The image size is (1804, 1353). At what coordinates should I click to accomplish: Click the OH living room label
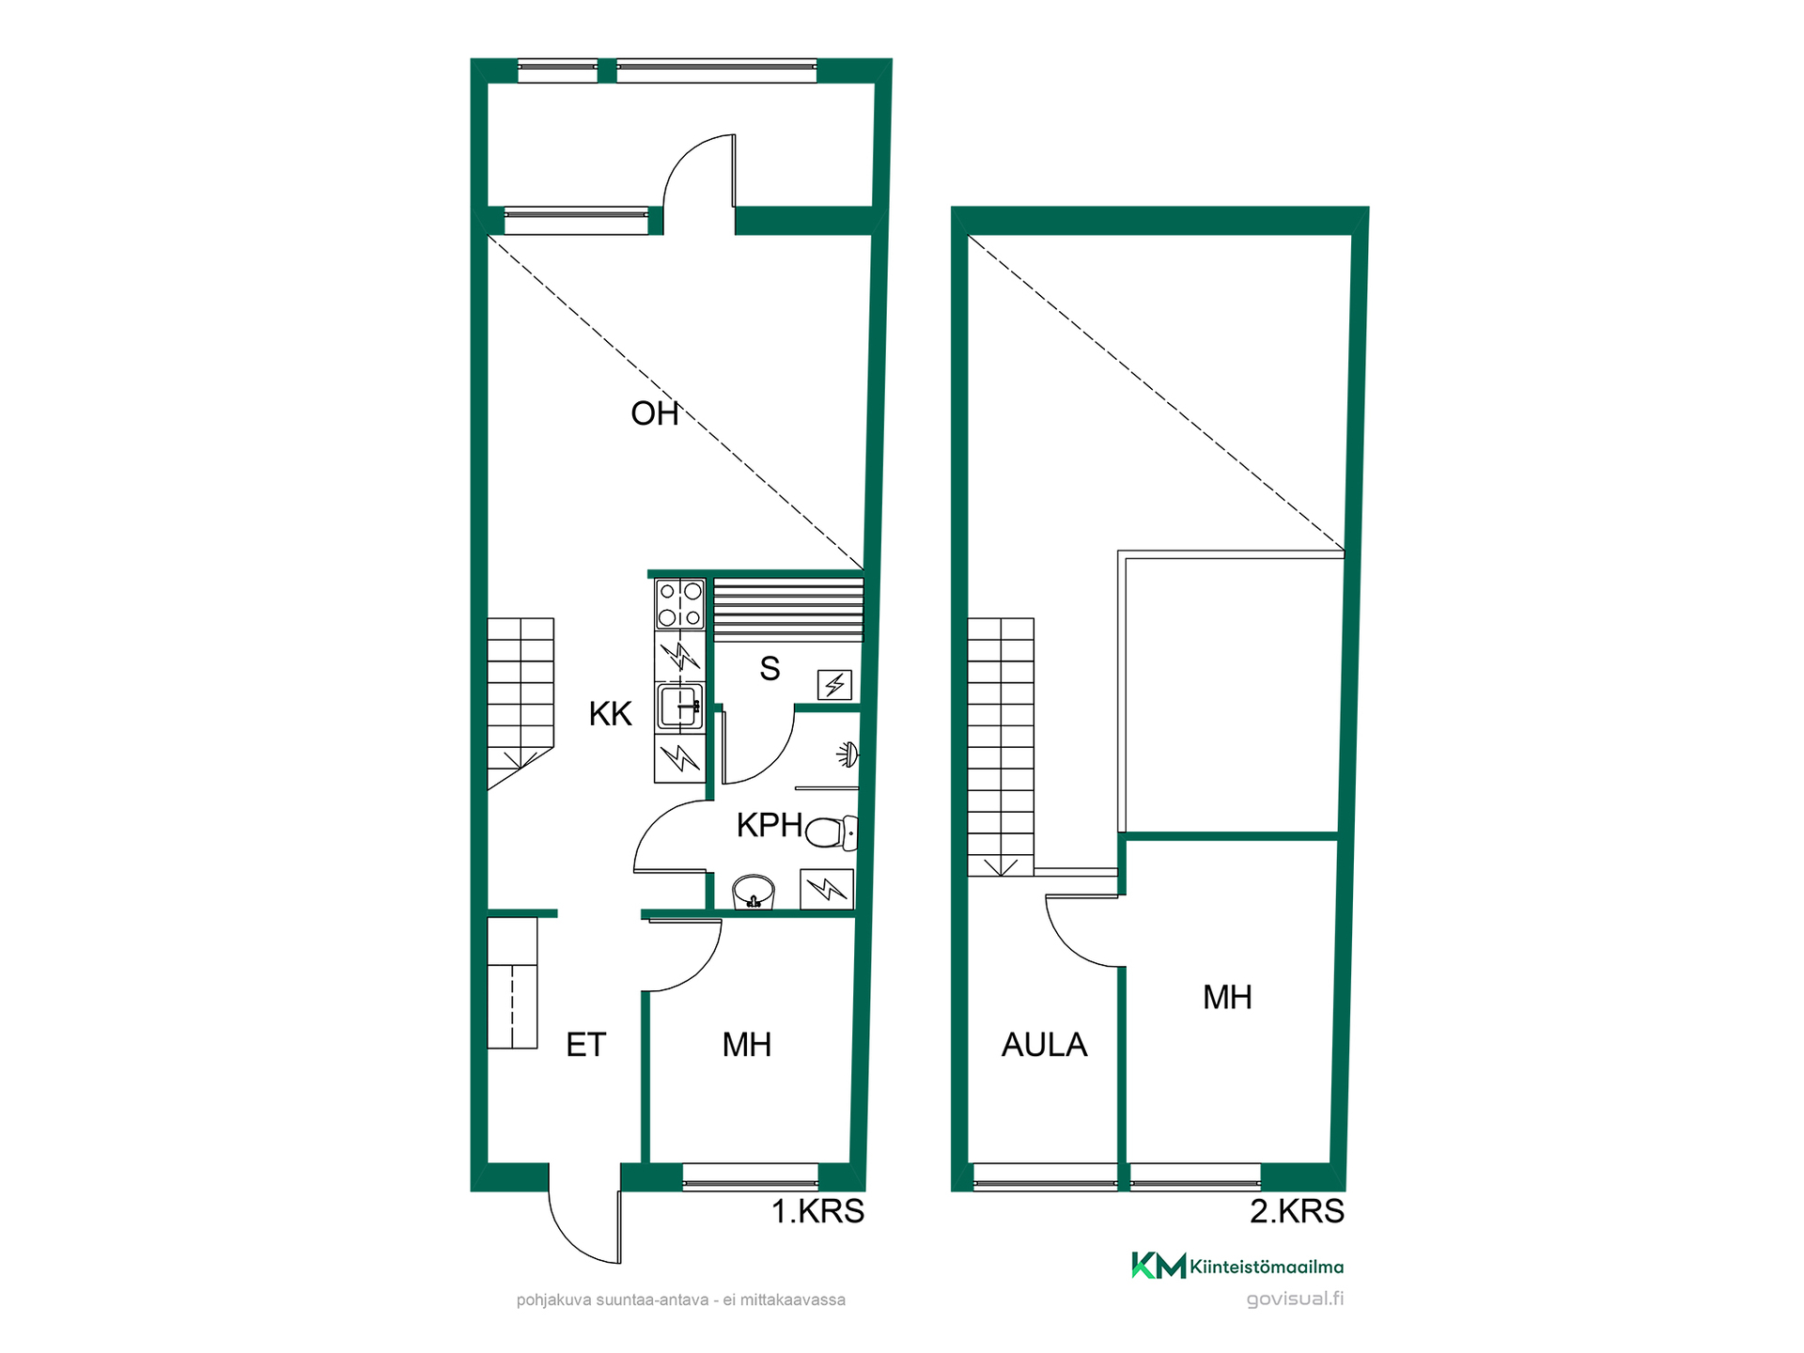(x=655, y=413)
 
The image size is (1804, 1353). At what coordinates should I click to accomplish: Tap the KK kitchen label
(x=611, y=714)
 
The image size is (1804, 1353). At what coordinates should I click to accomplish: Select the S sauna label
(x=770, y=669)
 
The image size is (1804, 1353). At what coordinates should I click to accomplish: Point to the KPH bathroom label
(x=770, y=825)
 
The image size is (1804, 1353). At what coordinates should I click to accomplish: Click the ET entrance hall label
(x=586, y=1045)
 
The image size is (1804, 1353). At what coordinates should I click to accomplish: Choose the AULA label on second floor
(x=1044, y=1045)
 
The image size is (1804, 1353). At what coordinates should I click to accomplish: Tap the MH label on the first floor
(x=747, y=1045)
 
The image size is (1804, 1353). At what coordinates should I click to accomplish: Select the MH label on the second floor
(x=1227, y=997)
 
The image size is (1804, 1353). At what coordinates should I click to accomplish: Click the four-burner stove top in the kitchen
(x=680, y=604)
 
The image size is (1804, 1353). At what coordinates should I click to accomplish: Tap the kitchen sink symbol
(x=679, y=708)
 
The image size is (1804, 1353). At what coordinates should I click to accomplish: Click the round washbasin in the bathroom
(x=754, y=892)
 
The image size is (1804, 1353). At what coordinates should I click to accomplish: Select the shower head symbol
(x=848, y=754)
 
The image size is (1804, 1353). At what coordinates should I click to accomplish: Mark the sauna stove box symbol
(x=834, y=685)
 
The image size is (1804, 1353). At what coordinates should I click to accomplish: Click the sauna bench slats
(x=788, y=610)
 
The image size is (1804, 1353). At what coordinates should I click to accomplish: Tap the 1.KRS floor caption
(x=817, y=1212)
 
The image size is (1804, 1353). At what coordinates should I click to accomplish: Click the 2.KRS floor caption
(x=1297, y=1212)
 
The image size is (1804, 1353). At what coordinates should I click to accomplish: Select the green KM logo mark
(x=1159, y=1266)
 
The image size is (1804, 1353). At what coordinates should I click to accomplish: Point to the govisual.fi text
(x=1295, y=1299)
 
